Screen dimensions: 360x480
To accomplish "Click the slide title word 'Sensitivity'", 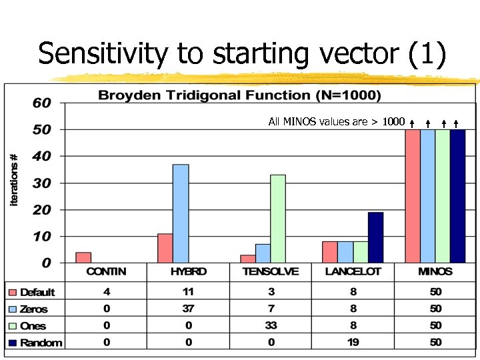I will pos(103,54).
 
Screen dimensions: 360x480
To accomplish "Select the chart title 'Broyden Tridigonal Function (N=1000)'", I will pos(239,95).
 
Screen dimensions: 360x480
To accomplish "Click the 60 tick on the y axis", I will pos(42,103).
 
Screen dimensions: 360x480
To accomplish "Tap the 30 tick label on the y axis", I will pos(42,183).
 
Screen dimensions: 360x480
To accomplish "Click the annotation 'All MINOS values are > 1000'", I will pos(336,121).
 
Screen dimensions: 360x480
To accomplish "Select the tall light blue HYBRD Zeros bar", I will pos(181,213).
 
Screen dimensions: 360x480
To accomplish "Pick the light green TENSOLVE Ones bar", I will pos(277,219).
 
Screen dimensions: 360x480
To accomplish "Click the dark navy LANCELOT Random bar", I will pos(375,237).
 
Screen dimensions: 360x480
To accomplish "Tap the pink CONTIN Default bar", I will pos(83,257).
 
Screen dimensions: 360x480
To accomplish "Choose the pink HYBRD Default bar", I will pos(165,248).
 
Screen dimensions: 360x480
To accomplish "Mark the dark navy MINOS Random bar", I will pos(457,196).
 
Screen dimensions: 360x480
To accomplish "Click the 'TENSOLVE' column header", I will pos(271,272).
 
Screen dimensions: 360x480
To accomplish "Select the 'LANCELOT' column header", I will pos(353,272).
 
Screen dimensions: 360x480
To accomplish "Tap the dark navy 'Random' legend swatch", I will pos(12,343).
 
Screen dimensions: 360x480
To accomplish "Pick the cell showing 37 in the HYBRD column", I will pos(189,309).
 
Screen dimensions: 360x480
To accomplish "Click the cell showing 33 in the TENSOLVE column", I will pos(271,326).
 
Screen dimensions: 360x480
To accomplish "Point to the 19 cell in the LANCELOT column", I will pos(353,343).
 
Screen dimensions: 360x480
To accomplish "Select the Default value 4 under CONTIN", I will pos(107,292).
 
